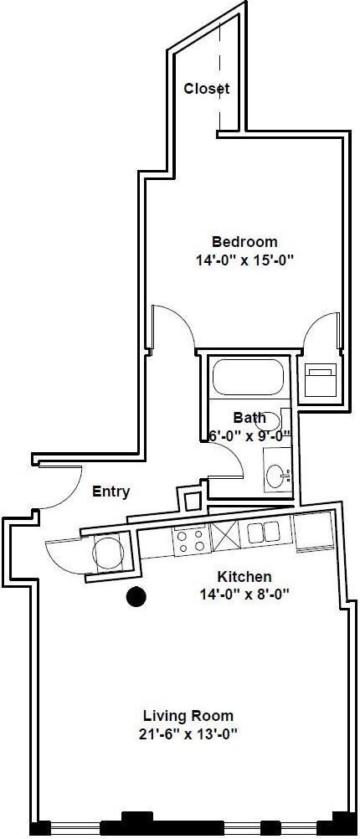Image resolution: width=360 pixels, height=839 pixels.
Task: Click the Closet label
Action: [207, 89]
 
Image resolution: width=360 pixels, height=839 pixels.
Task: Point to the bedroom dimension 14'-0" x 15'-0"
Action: [244, 260]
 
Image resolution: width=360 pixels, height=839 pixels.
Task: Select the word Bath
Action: [249, 417]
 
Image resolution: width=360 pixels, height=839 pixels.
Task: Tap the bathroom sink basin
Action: [275, 476]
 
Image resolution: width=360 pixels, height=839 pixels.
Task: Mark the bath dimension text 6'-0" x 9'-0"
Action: [249, 435]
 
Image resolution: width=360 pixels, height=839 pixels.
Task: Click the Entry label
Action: [111, 492]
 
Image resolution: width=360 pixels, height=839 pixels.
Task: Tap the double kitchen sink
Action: [263, 533]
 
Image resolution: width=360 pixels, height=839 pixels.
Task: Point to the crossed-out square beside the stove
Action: [225, 536]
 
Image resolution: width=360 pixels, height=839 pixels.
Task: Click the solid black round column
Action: [135, 597]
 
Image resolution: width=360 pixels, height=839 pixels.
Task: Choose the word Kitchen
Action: [244, 577]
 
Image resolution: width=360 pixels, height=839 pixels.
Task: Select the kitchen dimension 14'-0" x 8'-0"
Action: [244, 595]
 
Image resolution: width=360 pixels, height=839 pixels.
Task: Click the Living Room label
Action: [188, 716]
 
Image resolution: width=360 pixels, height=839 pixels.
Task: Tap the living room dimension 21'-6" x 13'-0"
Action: [188, 734]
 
